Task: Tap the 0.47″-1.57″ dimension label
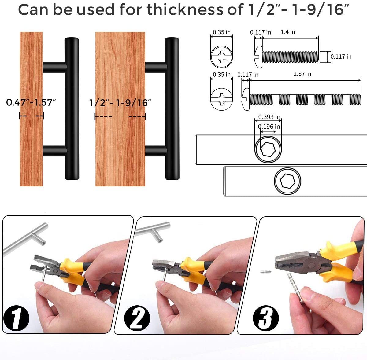pyautogui.click(x=31, y=102)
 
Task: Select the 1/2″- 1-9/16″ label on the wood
pyautogui.click(x=120, y=103)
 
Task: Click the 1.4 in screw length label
pyautogui.click(x=288, y=32)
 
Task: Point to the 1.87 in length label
pyautogui.click(x=302, y=74)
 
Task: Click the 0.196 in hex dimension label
pyautogui.click(x=269, y=127)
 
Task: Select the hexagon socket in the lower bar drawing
pyautogui.click(x=287, y=182)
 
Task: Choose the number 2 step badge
pyautogui.click(x=137, y=318)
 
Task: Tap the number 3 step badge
pyautogui.click(x=266, y=318)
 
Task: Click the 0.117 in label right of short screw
pyautogui.click(x=341, y=57)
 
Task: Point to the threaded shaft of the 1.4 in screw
pyautogui.click(x=291, y=57)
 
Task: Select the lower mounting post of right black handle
pyautogui.click(x=156, y=150)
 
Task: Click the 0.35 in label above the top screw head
pyautogui.click(x=222, y=32)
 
